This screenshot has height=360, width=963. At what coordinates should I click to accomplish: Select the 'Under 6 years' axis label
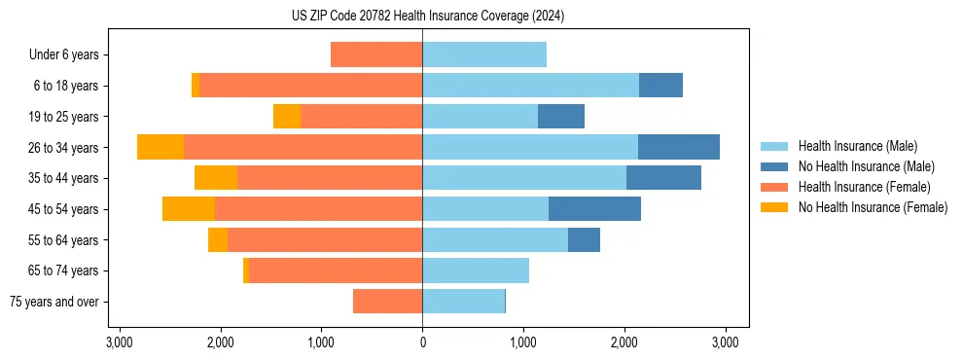63,55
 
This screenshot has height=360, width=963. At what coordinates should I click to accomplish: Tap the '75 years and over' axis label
54,302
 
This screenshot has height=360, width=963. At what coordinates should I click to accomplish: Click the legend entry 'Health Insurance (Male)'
857,146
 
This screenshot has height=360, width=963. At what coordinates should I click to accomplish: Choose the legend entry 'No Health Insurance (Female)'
873,207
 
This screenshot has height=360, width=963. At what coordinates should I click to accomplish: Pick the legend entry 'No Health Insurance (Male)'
866,166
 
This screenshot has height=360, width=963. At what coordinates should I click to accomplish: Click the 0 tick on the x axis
422,342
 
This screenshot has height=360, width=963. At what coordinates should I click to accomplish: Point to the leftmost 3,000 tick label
120,342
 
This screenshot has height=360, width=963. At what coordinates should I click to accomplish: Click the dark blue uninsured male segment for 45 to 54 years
594,208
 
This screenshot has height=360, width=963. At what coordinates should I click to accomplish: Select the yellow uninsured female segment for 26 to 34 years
160,147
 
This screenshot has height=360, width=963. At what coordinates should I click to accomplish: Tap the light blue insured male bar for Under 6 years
484,54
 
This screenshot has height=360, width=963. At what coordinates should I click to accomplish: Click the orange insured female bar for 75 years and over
387,302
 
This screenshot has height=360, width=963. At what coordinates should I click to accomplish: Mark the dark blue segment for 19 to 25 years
561,117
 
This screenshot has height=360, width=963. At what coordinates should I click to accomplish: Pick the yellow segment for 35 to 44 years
216,178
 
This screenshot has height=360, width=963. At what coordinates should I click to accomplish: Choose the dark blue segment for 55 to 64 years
584,239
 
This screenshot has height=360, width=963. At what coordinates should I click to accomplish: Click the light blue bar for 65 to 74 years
476,270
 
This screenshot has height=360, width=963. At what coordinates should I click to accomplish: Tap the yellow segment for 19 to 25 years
287,117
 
